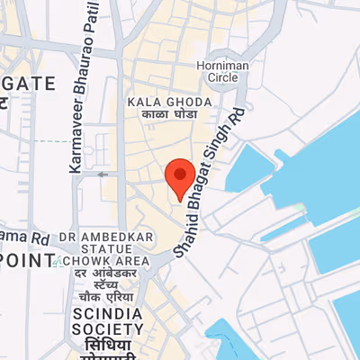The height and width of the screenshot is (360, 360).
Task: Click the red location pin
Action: tap(181, 178)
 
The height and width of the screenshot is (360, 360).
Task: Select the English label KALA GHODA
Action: tap(170, 102)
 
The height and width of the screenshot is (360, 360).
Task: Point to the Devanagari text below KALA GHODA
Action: tap(170, 115)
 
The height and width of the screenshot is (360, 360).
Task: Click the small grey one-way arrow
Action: tap(103, 174)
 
